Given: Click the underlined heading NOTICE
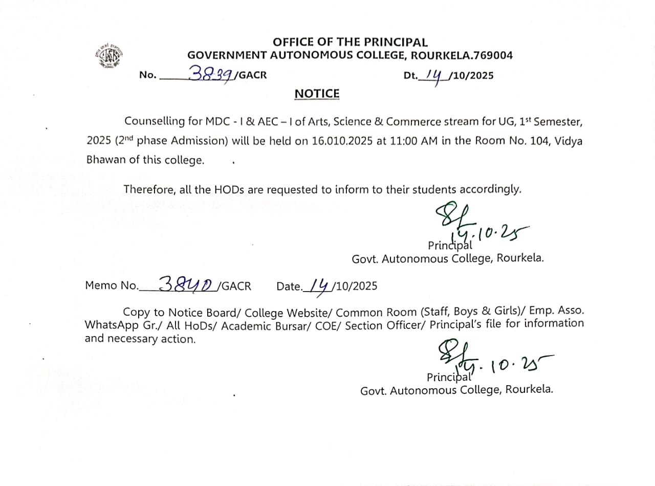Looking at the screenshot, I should [x=317, y=94].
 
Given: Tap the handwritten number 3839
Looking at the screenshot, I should [x=211, y=74].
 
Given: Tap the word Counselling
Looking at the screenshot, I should [x=154, y=122].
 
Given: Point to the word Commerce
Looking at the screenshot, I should [x=413, y=122].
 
